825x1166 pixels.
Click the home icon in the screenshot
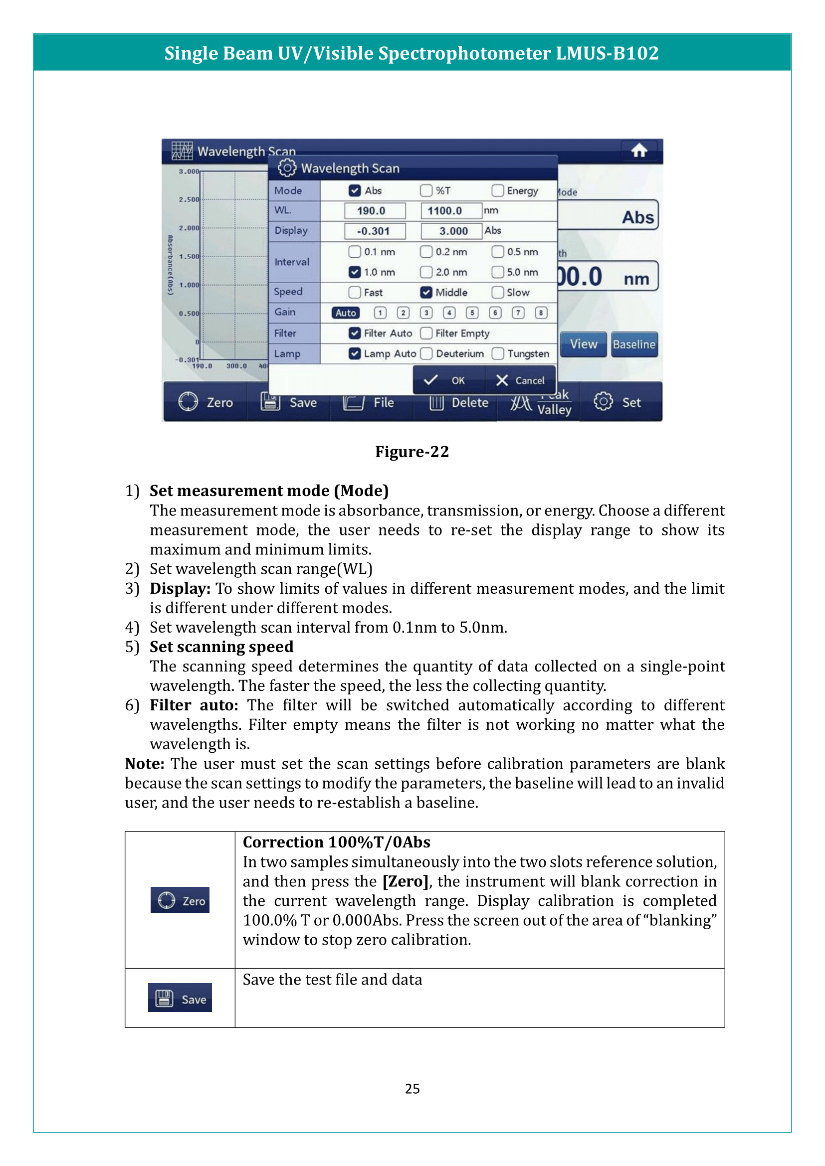[638, 151]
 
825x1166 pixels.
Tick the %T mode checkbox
[425, 190]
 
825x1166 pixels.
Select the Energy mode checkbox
[497, 190]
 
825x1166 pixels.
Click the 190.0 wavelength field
[375, 211]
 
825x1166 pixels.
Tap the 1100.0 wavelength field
[450, 211]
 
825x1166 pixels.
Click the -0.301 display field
[375, 231]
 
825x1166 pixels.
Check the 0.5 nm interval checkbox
[497, 252]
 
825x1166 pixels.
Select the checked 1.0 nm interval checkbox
[355, 272]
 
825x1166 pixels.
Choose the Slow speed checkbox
[497, 293]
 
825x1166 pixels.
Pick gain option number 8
[541, 313]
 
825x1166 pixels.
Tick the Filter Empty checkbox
[425, 333]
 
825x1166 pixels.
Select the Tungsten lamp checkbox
[497, 353]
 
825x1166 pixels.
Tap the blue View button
[583, 344]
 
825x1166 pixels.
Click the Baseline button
[634, 344]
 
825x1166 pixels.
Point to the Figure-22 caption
[412, 452]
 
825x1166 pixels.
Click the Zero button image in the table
[180, 900]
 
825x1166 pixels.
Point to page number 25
[412, 1088]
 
